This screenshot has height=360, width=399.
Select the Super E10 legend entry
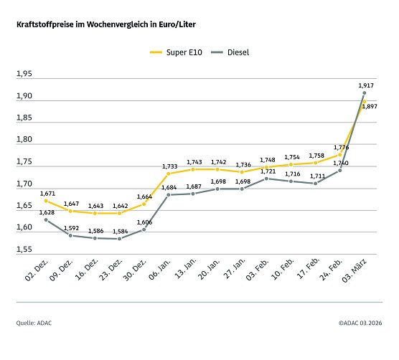(172, 52)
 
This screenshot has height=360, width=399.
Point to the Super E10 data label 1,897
(370, 106)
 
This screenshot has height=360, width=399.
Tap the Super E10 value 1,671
(47, 193)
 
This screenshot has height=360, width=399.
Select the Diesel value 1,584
(120, 230)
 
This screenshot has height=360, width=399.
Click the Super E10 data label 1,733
(169, 166)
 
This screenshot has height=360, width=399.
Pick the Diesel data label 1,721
(267, 171)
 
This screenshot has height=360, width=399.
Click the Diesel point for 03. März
(365, 93)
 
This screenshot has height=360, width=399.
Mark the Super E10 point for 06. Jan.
(169, 174)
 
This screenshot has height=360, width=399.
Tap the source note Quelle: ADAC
(34, 323)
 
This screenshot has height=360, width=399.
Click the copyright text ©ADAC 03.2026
(360, 323)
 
